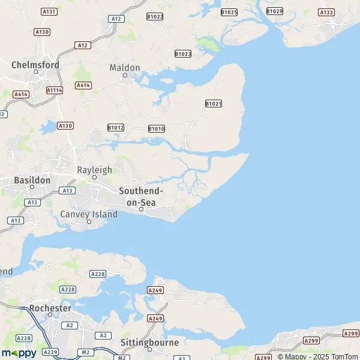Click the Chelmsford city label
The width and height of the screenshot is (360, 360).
pyautogui.click(x=35, y=64)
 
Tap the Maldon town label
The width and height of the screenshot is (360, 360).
pyautogui.click(x=125, y=68)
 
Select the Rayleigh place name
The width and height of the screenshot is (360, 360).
pyautogui.click(x=94, y=170)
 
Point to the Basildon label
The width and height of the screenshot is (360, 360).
pyautogui.click(x=32, y=179)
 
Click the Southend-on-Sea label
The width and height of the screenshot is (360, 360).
pyautogui.click(x=141, y=196)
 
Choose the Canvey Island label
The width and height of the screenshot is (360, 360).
pyautogui.click(x=89, y=214)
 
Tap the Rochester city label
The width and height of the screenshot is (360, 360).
pyautogui.click(x=50, y=308)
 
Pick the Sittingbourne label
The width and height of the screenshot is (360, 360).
pyautogui.click(x=150, y=343)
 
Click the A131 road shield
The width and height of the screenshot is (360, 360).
pyautogui.click(x=49, y=12)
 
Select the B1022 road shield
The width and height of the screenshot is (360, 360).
pyautogui.click(x=155, y=16)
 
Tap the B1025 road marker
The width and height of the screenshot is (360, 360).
pyautogui.click(x=229, y=12)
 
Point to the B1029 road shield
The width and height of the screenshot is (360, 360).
pyautogui.click(x=275, y=11)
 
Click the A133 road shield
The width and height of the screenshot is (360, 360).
pyautogui.click(x=326, y=12)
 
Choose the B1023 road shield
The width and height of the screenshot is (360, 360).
pyautogui.click(x=183, y=54)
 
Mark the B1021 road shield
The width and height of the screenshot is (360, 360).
pyautogui.click(x=214, y=104)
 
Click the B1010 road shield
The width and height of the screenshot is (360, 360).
pyautogui.click(x=156, y=128)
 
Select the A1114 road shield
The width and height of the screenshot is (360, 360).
pyautogui.click(x=55, y=90)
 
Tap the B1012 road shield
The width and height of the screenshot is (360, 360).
pyautogui.click(x=116, y=128)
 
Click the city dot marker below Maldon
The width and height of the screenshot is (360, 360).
pyautogui.click(x=125, y=76)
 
